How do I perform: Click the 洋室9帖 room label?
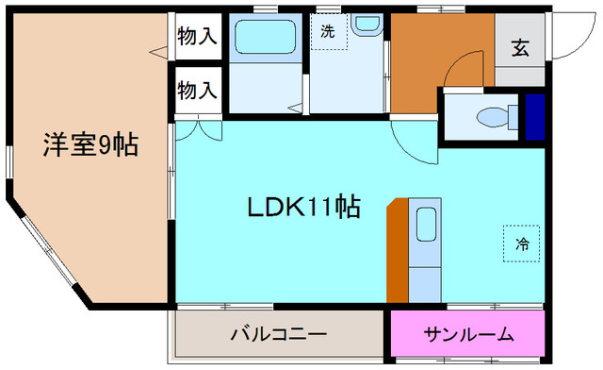point(90,145)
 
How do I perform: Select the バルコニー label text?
point(279,334)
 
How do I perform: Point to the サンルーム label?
point(468,334)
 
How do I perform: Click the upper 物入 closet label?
point(197,38)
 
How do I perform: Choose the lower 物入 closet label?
point(197,91)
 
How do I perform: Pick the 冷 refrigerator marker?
point(521,244)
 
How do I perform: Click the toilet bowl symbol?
point(492,115)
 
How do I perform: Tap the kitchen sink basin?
point(425,226)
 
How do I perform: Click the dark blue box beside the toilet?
point(535,115)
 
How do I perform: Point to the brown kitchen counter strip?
point(397,250)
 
